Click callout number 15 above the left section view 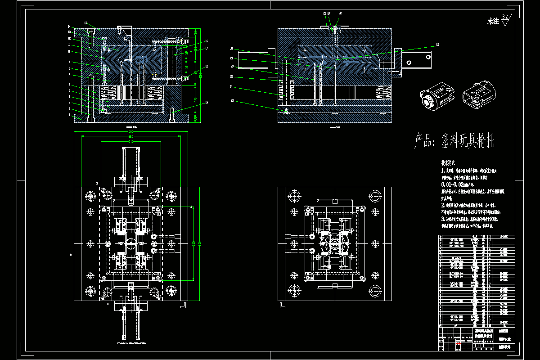click(85, 22)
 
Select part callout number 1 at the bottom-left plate click(69, 115)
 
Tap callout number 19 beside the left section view click(207, 103)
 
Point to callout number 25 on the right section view click(231, 49)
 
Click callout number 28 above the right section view click(340, 14)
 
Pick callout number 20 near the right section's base click(232, 100)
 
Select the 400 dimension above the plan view click(131, 132)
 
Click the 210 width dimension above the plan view click(131, 142)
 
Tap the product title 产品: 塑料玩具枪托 click(454, 142)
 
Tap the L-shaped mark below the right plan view click(282, 305)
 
